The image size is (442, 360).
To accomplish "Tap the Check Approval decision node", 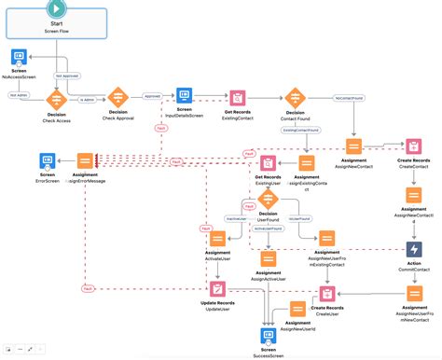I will (118, 96).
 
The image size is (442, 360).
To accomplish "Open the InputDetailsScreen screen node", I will (184, 96).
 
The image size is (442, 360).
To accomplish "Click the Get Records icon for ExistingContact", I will (240, 98).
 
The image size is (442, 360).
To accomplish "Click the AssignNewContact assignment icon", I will (354, 146).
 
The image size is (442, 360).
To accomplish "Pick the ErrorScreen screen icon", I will (22, 161).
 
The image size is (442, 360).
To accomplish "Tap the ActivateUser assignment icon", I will (216, 238).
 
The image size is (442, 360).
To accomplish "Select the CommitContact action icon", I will (414, 251).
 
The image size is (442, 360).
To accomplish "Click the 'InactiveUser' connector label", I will (213, 217).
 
